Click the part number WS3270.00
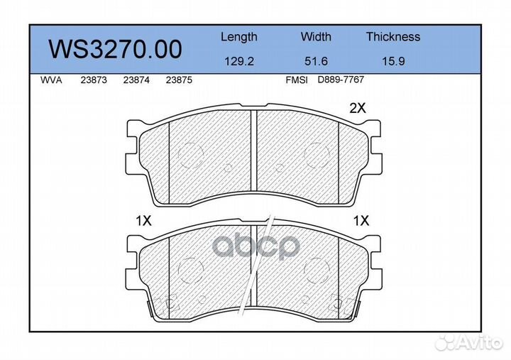114,49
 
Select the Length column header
238,37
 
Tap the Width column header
316,37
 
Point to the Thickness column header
392,37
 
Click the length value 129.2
238,62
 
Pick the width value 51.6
316,62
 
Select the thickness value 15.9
392,62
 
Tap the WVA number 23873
94,80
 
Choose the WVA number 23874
136,80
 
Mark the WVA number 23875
178,80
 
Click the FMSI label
296,80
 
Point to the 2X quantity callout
357,109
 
